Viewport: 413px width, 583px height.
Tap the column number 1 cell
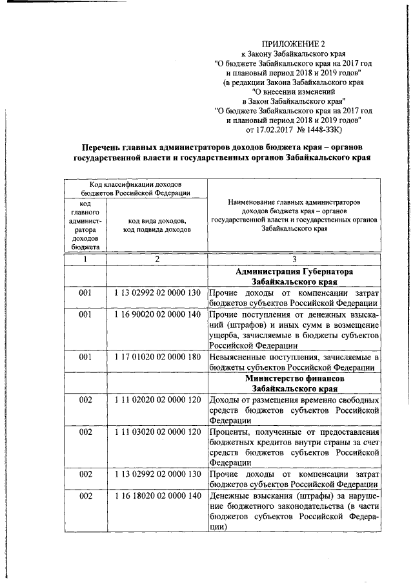(x=85, y=259)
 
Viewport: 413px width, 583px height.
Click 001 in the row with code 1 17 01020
(x=85, y=358)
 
